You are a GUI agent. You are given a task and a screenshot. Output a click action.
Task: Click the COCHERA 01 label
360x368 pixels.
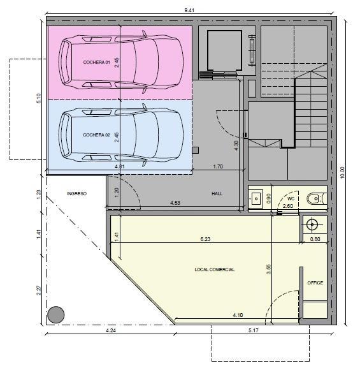(x=96, y=63)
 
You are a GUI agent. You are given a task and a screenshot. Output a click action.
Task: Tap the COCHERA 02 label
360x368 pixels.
(x=96, y=135)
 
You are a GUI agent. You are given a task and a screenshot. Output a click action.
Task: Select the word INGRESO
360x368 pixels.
(x=76, y=194)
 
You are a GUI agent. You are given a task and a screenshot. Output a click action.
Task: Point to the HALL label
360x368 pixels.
(x=217, y=194)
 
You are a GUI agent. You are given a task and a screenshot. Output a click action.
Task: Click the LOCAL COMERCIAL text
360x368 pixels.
(x=214, y=269)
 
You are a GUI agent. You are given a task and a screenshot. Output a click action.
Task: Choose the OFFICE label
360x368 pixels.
(x=315, y=283)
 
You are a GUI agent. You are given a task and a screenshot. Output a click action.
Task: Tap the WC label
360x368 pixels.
(x=291, y=199)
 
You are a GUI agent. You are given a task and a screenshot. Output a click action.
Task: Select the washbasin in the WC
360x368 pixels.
(x=256, y=198)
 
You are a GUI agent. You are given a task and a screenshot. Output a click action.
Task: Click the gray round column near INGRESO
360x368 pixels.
(x=56, y=314)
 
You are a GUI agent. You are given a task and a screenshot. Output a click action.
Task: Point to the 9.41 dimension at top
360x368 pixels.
(x=189, y=10)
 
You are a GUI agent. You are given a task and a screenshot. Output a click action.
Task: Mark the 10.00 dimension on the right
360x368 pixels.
(x=342, y=172)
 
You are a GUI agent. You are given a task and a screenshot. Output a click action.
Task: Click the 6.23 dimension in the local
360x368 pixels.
(x=205, y=239)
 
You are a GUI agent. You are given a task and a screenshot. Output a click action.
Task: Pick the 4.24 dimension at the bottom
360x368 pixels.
(x=111, y=330)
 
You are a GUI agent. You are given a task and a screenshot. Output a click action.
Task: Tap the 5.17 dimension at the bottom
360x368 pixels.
(x=254, y=330)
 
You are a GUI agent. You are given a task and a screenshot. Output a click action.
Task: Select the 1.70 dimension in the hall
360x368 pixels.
(x=218, y=166)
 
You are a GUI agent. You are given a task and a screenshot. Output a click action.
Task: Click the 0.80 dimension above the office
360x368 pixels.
(x=315, y=239)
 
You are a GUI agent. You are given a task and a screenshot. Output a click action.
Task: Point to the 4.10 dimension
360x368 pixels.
(x=238, y=315)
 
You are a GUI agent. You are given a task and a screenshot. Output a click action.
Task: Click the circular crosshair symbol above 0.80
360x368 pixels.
(x=312, y=224)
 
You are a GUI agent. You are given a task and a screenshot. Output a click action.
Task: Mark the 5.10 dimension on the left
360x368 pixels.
(x=39, y=98)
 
